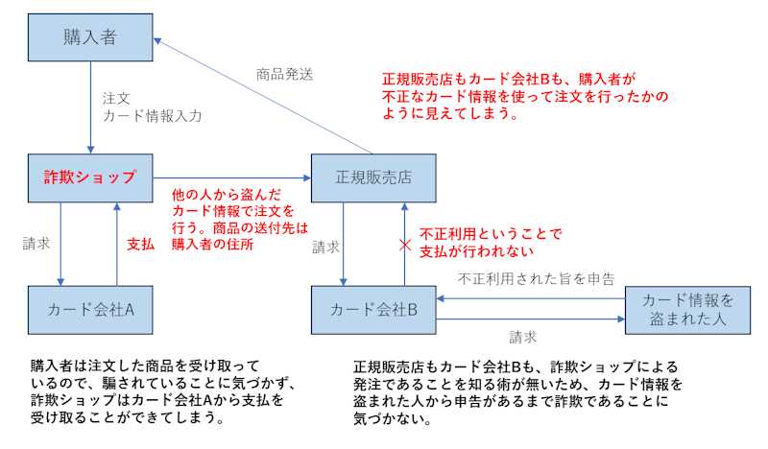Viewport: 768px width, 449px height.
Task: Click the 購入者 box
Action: [90, 38]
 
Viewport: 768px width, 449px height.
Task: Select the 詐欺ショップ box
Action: [90, 177]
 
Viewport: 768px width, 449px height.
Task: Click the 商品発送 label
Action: [284, 73]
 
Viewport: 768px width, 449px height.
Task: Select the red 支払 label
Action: [141, 244]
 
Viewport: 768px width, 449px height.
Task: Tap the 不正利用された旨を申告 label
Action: [536, 278]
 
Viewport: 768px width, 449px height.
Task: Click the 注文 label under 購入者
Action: [115, 99]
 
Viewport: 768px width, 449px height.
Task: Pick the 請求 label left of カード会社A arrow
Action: [36, 244]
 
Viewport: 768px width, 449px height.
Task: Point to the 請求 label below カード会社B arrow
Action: [522, 337]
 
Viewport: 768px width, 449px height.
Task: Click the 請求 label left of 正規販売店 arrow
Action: [325, 248]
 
